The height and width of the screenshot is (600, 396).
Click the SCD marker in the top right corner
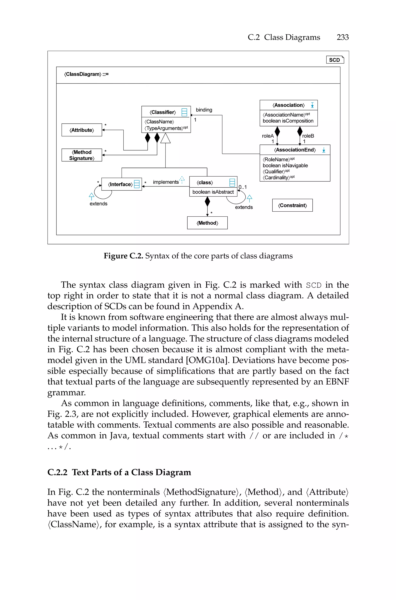pyautogui.click(x=335, y=60)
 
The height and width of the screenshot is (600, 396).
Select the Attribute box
pyautogui.click(x=82, y=130)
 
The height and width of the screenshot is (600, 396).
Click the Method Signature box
pyautogui.click(x=82, y=155)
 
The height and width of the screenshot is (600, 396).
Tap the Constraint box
pyautogui.click(x=292, y=205)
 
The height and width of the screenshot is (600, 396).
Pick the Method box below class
pyautogui.click(x=207, y=223)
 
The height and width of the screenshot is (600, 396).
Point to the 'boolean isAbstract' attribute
pyautogui.click(x=213, y=192)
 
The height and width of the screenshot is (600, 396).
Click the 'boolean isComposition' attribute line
pyautogui.click(x=288, y=121)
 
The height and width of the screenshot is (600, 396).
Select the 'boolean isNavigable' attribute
pyautogui.click(x=285, y=166)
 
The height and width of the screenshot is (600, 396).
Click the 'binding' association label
pyautogui.click(x=204, y=110)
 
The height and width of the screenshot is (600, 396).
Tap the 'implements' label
pyautogui.click(x=166, y=182)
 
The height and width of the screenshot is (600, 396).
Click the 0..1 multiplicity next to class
pyautogui.click(x=242, y=187)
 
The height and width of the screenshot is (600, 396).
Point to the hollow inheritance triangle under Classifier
pyautogui.click(x=166, y=139)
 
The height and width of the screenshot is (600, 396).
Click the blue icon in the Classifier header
pyautogui.click(x=184, y=112)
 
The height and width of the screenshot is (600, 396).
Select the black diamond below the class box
pyautogui.click(x=207, y=201)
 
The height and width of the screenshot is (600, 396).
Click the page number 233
pyautogui.click(x=342, y=37)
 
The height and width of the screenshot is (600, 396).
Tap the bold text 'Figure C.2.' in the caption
pyautogui.click(x=123, y=256)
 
